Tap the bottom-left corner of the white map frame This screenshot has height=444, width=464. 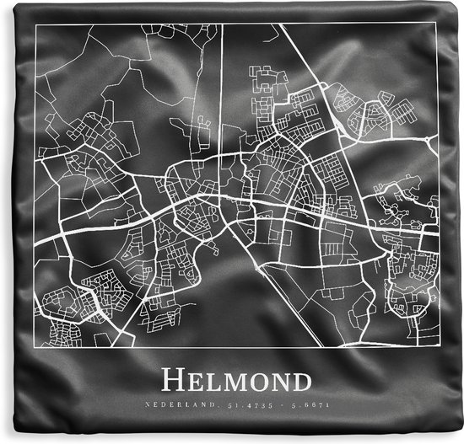click(35, 348)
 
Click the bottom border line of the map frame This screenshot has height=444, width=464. click(236, 348)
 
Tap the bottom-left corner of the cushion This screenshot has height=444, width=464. click(3, 440)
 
